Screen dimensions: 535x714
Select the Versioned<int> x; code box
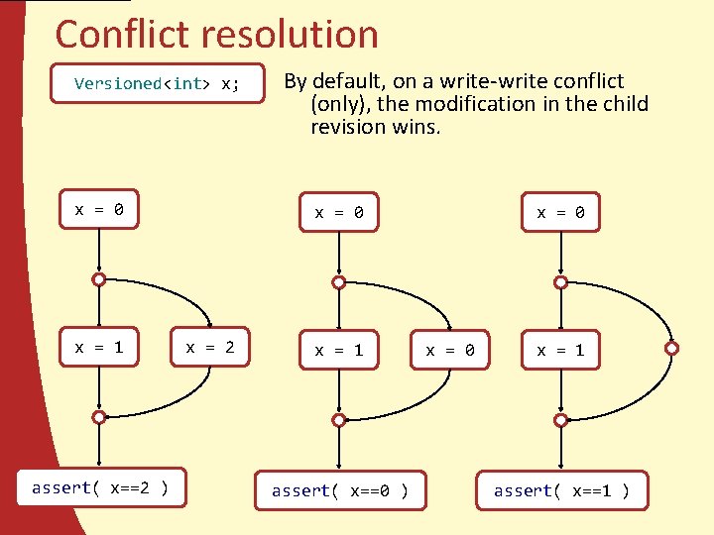[x=157, y=83]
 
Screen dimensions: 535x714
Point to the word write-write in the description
[x=479, y=81]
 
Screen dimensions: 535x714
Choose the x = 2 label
[x=210, y=347]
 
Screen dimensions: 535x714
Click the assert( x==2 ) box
[x=99, y=487]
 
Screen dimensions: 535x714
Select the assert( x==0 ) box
[x=339, y=490]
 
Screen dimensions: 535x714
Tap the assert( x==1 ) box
[x=561, y=490]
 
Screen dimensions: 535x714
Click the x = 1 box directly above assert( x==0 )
[x=339, y=350]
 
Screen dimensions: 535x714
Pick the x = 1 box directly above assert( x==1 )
[x=561, y=350]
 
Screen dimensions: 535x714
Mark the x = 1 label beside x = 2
[x=99, y=347]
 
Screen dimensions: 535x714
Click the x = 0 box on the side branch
[x=450, y=350]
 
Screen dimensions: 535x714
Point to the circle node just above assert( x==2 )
[x=99, y=417]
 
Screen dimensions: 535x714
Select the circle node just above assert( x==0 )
[x=339, y=420]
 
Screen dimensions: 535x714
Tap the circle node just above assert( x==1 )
[x=561, y=420]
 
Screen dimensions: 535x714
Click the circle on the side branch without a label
[x=672, y=348]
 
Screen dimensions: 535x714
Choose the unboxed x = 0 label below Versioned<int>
[x=99, y=209]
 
